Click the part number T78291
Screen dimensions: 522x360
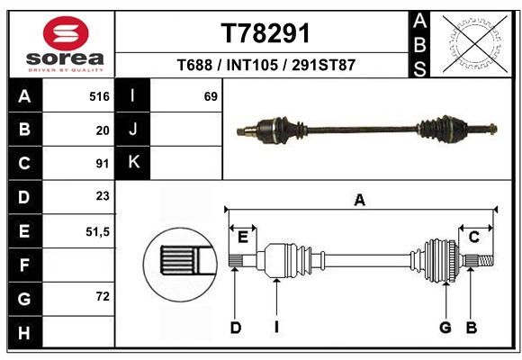pyautogui.click(x=265, y=33)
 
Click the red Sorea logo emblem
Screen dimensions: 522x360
pyautogui.click(x=66, y=33)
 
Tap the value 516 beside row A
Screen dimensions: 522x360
pyautogui.click(x=99, y=96)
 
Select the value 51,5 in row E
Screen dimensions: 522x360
pyautogui.click(x=97, y=231)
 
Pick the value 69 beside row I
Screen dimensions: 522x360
pyautogui.click(x=211, y=96)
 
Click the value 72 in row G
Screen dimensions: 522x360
pyautogui.click(x=103, y=296)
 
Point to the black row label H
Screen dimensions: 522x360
pyautogui.click(x=24, y=332)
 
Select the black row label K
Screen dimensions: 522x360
pyautogui.click(x=133, y=163)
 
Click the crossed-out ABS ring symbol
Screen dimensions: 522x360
pyautogui.click(x=476, y=44)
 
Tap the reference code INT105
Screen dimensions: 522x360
pyautogui.click(x=252, y=65)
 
